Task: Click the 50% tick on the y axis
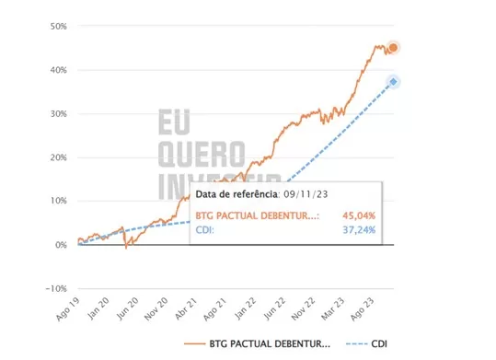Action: point(58,26)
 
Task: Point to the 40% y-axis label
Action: point(58,70)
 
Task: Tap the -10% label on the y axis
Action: point(55,288)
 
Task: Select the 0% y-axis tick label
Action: point(61,245)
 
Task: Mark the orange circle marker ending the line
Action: point(394,48)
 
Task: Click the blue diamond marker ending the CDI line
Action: point(394,82)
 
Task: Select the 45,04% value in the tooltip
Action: point(358,215)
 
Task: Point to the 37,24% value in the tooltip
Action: point(358,230)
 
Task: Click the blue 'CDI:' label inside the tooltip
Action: point(205,230)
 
